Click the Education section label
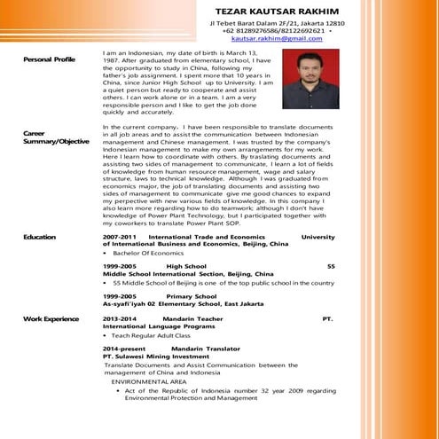[39, 237]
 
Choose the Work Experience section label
[51, 317]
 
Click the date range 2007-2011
[120, 237]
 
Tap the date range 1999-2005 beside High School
[120, 266]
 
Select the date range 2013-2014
[120, 317]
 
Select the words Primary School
[191, 294]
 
